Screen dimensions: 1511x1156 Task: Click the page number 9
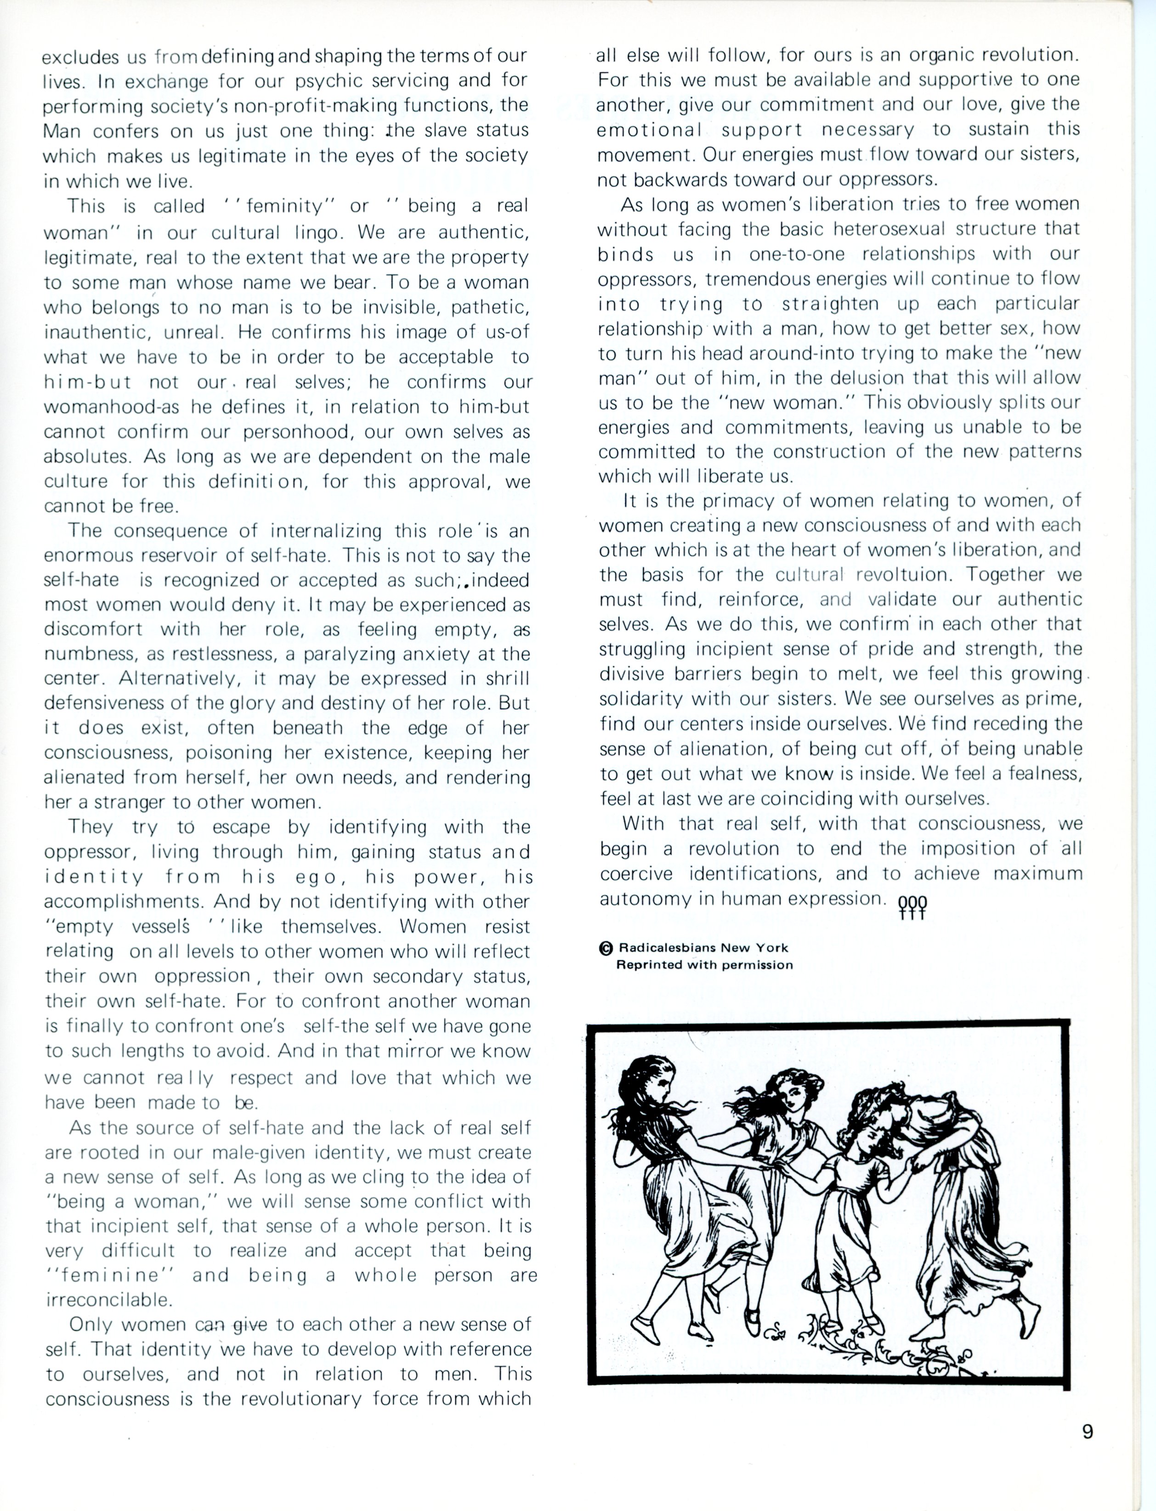click(1087, 1432)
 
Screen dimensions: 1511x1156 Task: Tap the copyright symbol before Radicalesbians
click(606, 948)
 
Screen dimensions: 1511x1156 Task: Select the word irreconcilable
click(108, 1300)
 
